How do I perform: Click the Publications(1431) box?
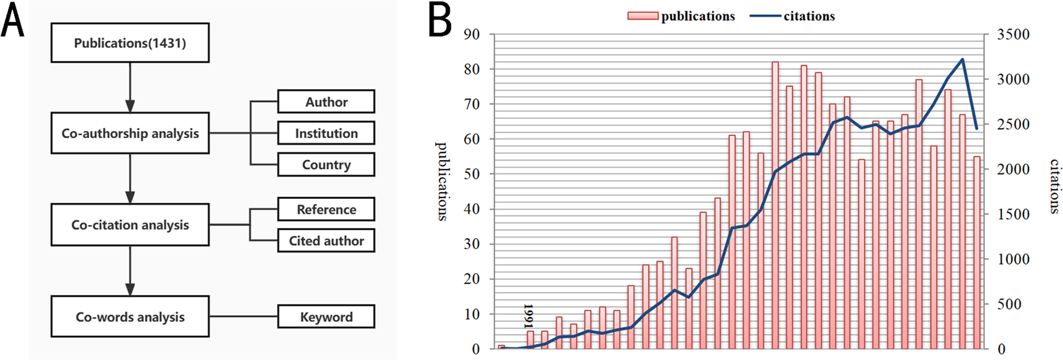(130, 43)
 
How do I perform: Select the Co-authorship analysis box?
(130, 133)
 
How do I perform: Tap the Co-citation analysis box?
(130, 224)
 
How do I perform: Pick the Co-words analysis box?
(130, 316)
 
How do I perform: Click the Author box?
(326, 101)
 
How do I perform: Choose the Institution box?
(326, 133)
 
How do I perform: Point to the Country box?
(326, 164)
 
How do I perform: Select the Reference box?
(326, 209)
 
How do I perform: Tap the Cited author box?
(326, 241)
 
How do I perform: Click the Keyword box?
(326, 316)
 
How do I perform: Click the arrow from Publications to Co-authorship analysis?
(130, 87)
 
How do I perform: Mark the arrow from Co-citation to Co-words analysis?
(130, 271)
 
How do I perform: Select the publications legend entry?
(682, 16)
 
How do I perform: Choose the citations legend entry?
(792, 16)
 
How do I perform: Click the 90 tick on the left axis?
(472, 35)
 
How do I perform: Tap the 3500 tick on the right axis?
(1013, 35)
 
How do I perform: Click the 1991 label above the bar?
(529, 316)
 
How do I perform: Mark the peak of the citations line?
(962, 59)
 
